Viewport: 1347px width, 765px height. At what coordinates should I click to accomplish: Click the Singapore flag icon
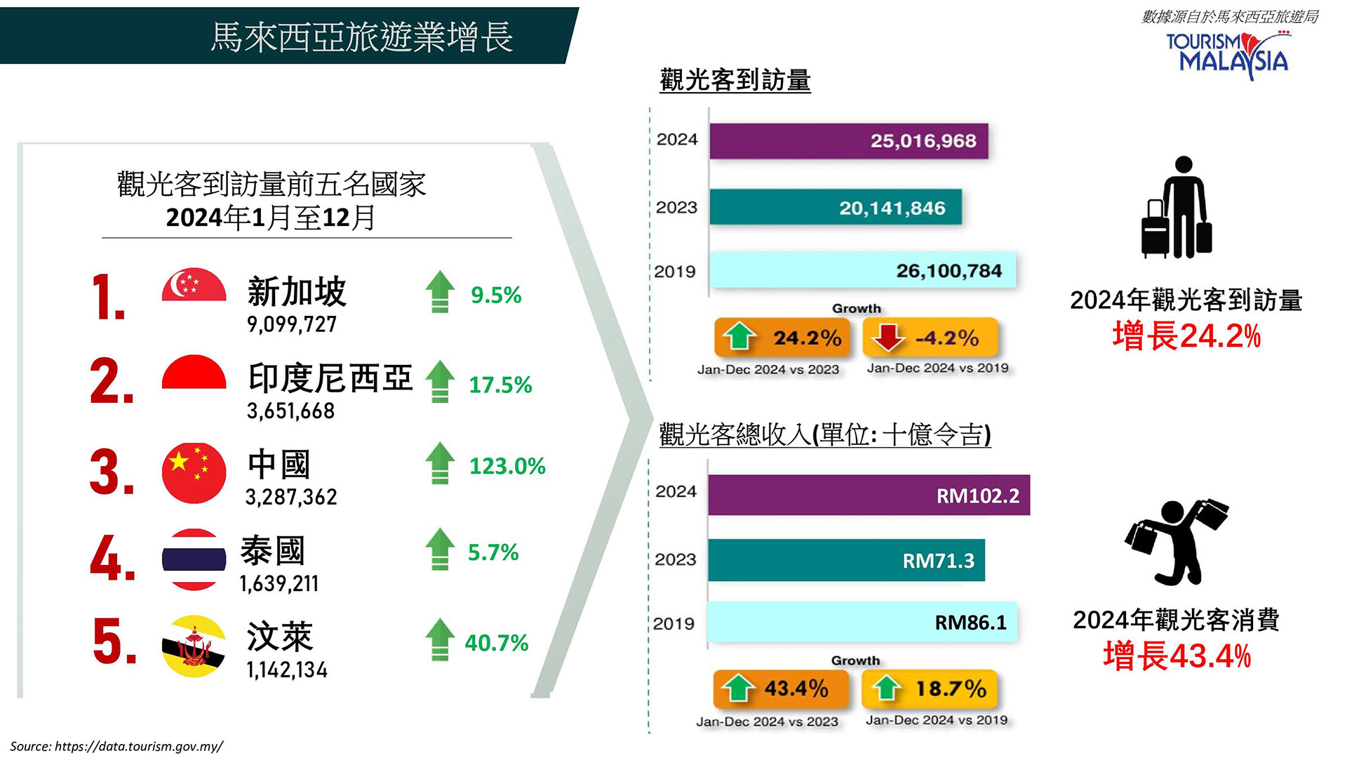pos(194,284)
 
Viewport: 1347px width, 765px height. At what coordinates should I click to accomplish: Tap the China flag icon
pos(194,472)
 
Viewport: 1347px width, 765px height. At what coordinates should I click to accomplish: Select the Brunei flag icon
pos(194,646)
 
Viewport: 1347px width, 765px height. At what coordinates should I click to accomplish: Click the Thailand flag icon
pos(194,559)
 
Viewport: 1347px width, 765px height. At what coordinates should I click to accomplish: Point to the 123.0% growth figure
pos(507,466)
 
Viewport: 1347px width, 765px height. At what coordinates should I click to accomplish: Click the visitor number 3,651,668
pos(290,411)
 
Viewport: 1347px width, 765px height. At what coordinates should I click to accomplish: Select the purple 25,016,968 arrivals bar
pos(848,141)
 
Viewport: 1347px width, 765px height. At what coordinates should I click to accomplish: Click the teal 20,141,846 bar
pos(835,208)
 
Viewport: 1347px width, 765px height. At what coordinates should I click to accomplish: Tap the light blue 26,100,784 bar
pos(862,270)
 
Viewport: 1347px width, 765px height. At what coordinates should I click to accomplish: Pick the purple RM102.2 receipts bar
pos(869,495)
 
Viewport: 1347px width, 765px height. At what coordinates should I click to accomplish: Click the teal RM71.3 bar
pos(846,560)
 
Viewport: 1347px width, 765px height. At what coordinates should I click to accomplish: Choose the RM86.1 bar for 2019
pos(862,622)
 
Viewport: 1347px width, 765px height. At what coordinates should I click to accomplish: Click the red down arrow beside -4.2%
pos(888,337)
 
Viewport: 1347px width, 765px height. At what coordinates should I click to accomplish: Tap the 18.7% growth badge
pos(929,689)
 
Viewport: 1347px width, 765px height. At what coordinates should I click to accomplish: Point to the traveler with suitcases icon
pos(1177,207)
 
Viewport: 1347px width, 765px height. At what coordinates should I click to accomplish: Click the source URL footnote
pos(116,746)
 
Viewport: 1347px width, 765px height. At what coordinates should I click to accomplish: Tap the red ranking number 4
pos(111,559)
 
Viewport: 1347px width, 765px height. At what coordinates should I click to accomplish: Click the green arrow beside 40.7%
pos(440,639)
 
